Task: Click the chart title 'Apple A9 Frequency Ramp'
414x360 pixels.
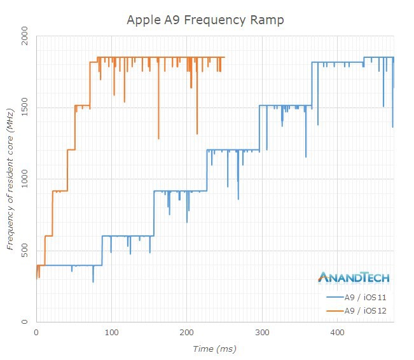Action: click(x=205, y=20)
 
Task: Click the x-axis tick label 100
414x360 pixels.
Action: click(x=111, y=333)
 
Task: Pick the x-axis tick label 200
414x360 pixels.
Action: click(x=186, y=333)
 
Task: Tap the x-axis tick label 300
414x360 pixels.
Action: click(x=262, y=333)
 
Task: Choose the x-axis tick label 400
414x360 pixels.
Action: click(x=337, y=333)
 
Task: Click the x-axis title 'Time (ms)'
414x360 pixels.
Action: click(x=215, y=349)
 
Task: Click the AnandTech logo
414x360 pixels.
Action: click(x=353, y=277)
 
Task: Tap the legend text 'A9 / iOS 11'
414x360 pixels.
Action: click(x=366, y=297)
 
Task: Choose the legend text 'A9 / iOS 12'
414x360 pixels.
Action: click(x=366, y=310)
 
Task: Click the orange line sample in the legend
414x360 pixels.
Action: click(x=334, y=310)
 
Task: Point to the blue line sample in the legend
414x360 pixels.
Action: click(x=334, y=297)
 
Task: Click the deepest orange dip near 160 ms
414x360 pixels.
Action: click(x=158, y=137)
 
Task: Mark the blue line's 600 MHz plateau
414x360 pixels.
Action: click(x=127, y=236)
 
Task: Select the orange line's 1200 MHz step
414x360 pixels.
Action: click(x=71, y=150)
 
